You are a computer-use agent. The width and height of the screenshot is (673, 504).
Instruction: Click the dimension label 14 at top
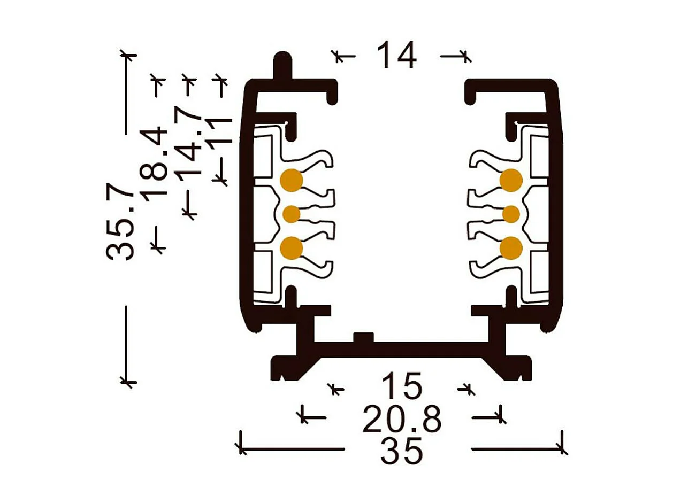(x=396, y=55)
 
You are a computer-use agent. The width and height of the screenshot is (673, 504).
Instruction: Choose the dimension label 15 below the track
(x=401, y=386)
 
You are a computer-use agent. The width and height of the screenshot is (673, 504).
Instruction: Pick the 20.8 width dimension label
(x=402, y=418)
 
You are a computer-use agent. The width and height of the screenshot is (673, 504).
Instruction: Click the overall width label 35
(x=401, y=452)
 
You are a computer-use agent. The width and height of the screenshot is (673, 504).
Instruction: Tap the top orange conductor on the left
(x=292, y=180)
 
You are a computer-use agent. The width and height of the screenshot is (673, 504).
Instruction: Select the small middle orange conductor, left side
(x=292, y=214)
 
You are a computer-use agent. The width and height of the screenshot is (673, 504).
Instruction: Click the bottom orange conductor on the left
(x=292, y=248)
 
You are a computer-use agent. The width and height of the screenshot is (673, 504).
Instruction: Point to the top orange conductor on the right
(x=511, y=180)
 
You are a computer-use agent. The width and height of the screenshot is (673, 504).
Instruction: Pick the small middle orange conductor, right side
(x=511, y=214)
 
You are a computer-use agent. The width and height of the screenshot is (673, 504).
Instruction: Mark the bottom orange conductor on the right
(x=511, y=248)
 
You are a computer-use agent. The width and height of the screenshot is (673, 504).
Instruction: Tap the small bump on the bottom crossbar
(x=363, y=338)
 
